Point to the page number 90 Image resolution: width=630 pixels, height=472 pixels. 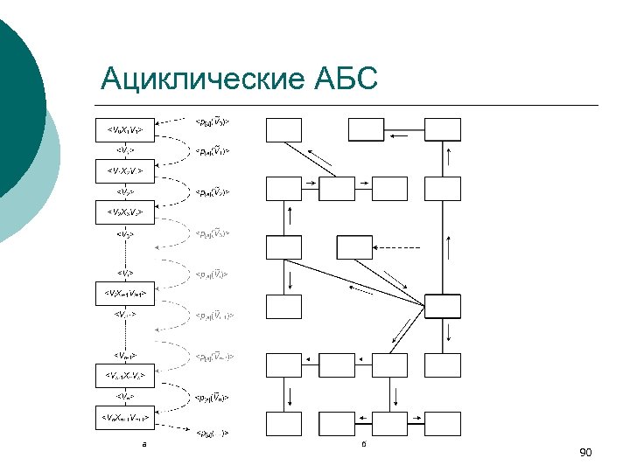click(585, 452)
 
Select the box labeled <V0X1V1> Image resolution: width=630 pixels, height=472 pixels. click(125, 131)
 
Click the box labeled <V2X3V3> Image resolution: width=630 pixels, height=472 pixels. click(125, 212)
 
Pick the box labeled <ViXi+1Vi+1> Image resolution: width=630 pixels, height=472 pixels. click(125, 294)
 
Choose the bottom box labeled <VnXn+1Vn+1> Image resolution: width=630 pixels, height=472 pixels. click(125, 417)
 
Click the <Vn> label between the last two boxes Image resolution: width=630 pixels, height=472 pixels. click(125, 397)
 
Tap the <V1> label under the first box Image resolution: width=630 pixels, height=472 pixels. click(125, 150)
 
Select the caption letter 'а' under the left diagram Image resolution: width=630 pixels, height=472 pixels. click(144, 445)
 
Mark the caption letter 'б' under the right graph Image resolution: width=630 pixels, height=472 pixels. click(363, 445)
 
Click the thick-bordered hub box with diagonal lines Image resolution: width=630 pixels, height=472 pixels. click(442, 307)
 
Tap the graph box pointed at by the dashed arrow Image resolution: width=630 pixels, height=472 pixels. click(283, 307)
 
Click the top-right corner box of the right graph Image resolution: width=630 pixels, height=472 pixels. click(442, 130)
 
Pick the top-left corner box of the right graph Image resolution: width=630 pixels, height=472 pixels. click(283, 130)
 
